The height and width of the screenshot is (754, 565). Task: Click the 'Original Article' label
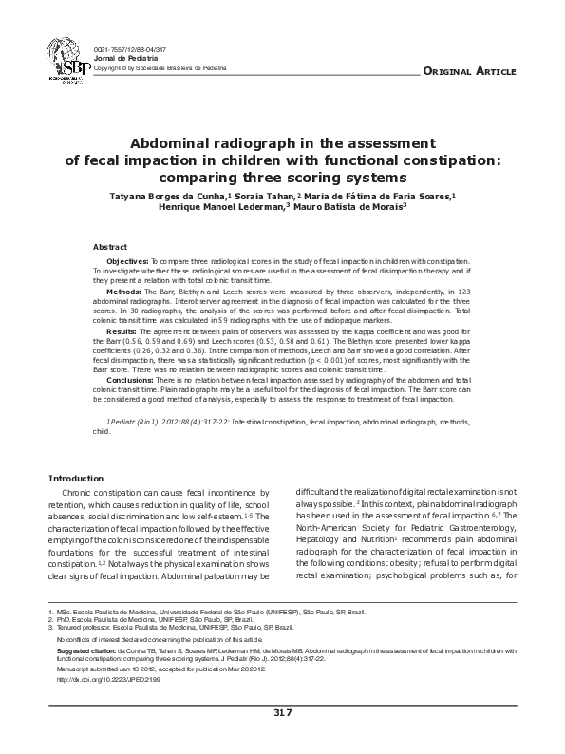tap(468, 72)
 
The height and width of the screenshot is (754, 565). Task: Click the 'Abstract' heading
tap(110, 246)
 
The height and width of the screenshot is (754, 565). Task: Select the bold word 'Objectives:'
tap(127, 260)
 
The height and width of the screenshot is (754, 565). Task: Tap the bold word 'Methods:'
tap(123, 292)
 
